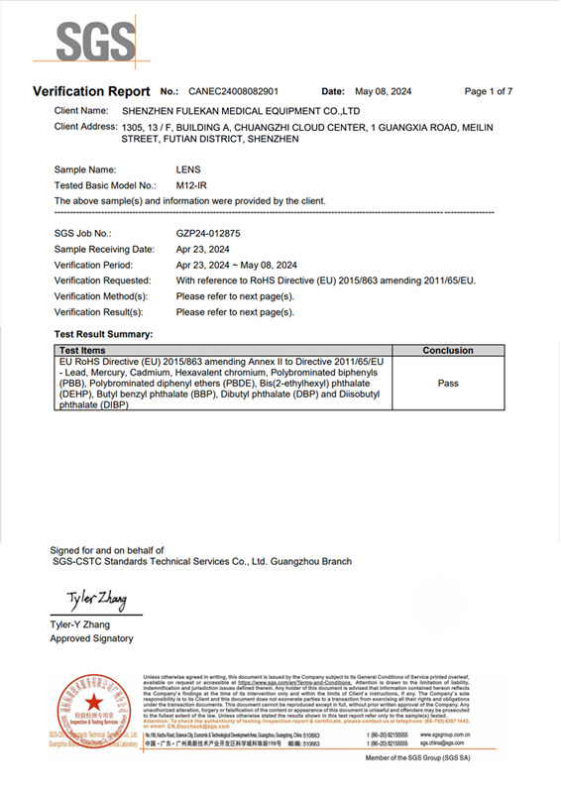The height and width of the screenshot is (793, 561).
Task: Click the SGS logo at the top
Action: [96, 42]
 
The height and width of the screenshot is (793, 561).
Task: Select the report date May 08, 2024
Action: [382, 91]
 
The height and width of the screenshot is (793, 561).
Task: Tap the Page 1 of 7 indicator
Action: [488, 91]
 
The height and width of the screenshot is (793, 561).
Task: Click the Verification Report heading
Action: [91, 91]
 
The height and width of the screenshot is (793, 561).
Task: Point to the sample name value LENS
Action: [188, 170]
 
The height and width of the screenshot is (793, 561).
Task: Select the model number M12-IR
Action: [192, 185]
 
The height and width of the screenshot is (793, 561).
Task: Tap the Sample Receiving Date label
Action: [104, 249]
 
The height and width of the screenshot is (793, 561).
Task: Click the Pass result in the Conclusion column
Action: [448, 383]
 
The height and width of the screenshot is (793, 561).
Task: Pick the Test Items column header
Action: [82, 351]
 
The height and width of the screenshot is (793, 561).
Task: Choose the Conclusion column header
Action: [448, 351]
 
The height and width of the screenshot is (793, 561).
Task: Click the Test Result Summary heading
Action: [103, 335]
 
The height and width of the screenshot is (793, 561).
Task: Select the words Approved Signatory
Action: [91, 638]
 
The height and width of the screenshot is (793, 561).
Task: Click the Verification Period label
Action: [97, 265]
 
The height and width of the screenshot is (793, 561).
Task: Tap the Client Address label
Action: [84, 127]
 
